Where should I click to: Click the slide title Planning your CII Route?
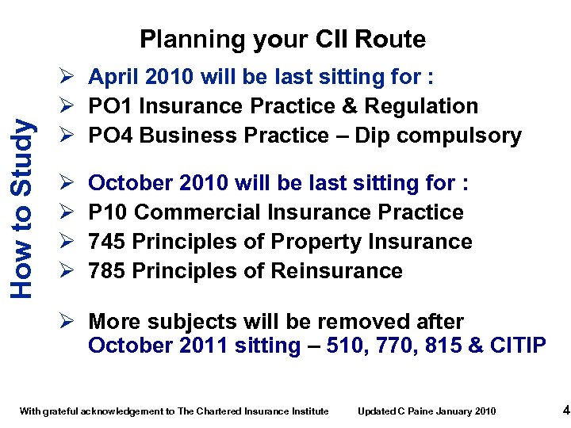[282, 39]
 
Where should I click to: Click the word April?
[114, 77]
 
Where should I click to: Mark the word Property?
[312, 242]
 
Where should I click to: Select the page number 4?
[565, 410]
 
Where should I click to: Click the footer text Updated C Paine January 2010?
[427, 411]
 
